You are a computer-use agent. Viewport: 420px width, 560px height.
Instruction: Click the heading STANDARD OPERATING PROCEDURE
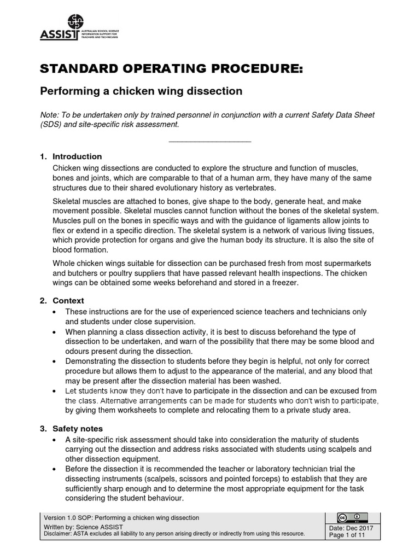click(x=171, y=69)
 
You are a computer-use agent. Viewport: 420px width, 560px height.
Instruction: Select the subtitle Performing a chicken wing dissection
click(x=142, y=91)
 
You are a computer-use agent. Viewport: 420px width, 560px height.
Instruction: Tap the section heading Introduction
click(x=77, y=156)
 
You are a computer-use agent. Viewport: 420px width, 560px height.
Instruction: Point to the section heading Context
click(x=68, y=301)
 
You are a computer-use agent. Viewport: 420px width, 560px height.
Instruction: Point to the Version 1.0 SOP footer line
click(x=121, y=517)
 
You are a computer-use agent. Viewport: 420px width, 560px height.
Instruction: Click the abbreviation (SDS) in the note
click(x=52, y=124)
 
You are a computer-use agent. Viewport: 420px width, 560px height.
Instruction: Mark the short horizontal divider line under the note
click(x=210, y=142)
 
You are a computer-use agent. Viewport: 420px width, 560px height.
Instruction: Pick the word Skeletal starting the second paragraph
click(x=67, y=202)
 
